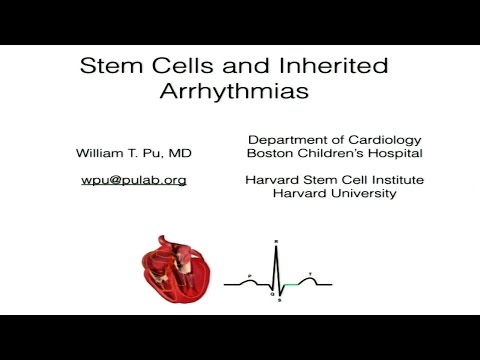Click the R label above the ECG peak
(275, 243)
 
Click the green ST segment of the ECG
(291, 286)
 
